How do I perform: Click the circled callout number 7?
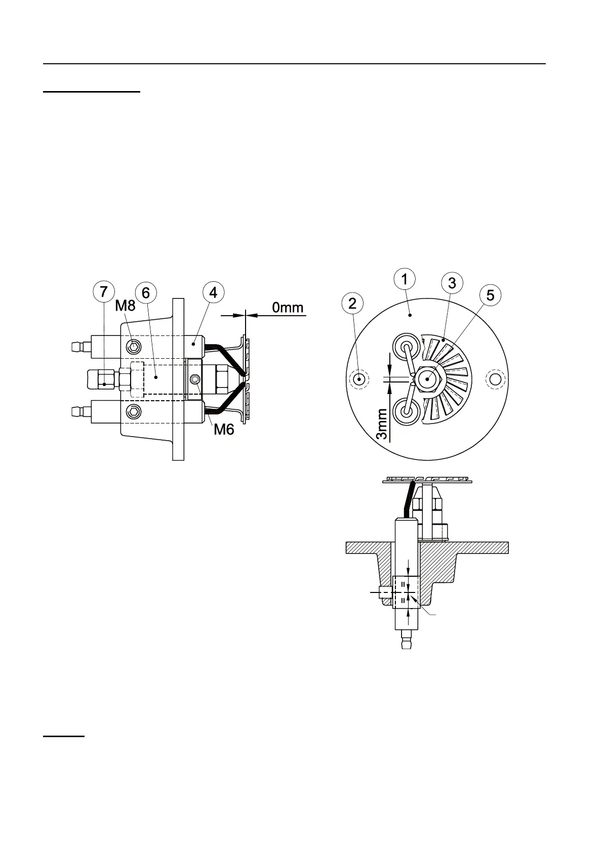[104, 292]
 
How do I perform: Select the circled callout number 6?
[146, 293]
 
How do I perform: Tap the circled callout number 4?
[213, 292]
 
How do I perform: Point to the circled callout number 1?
[405, 279]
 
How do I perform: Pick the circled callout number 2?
[352, 303]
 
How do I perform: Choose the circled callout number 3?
[452, 283]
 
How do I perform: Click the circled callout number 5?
[490, 295]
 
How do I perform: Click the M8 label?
[125, 305]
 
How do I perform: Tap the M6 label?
[224, 430]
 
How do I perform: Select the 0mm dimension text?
[288, 307]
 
